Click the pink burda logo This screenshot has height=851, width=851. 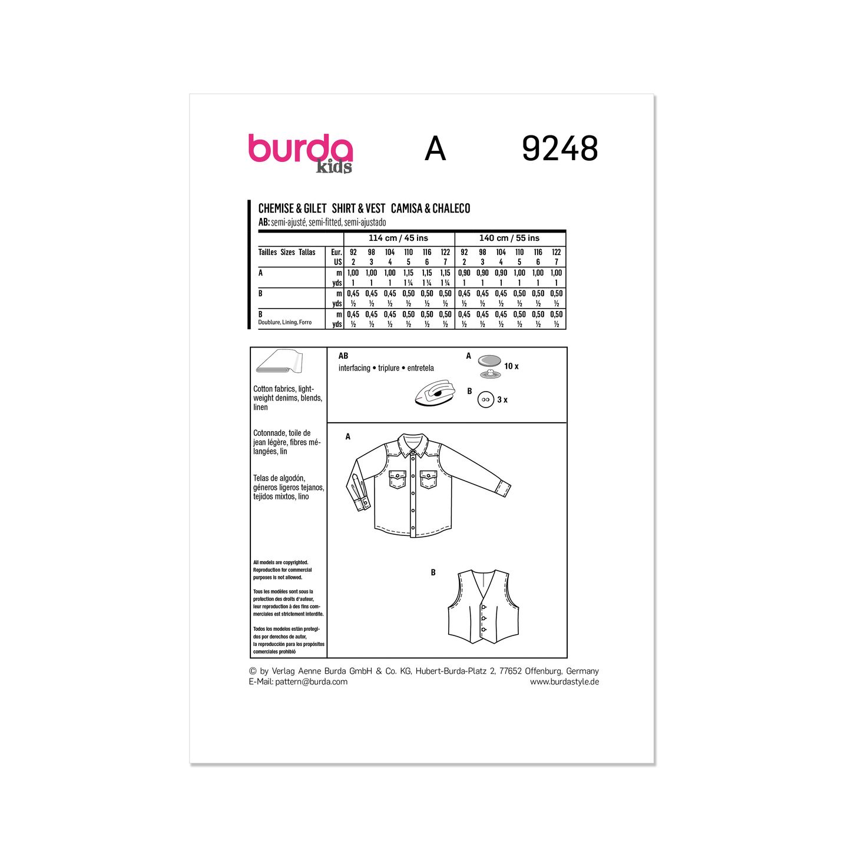(300, 150)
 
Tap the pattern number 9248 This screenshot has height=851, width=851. (559, 149)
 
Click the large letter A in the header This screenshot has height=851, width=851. (435, 149)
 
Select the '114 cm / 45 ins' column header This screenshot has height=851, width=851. (398, 238)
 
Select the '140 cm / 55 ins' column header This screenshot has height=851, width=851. (509, 238)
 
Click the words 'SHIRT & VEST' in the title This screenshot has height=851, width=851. (358, 208)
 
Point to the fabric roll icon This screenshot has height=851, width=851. (279, 363)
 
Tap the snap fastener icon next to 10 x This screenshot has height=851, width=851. (489, 365)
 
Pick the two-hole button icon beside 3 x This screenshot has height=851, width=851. (486, 399)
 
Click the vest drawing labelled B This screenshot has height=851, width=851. (483, 607)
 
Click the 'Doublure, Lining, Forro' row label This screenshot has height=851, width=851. (284, 322)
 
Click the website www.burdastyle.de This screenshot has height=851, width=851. (564, 681)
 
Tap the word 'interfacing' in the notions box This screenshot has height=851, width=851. (355, 368)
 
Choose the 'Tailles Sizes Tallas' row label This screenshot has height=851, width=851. (287, 252)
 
